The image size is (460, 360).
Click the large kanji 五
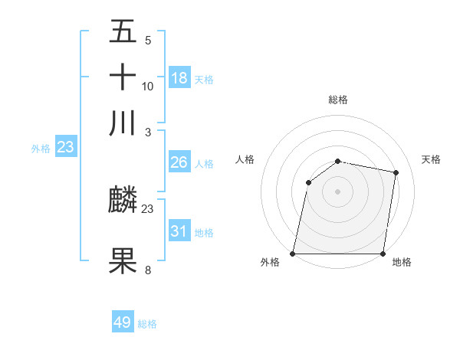tap(123, 32)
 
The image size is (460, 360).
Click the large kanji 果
tap(123, 261)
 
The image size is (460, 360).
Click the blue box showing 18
tap(179, 78)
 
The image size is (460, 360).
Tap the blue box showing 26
tap(179, 162)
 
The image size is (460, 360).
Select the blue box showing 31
tap(179, 231)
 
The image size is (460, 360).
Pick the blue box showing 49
tap(123, 322)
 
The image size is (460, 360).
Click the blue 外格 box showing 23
tap(65, 147)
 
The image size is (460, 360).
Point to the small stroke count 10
tap(148, 86)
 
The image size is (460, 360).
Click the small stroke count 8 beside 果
tap(148, 270)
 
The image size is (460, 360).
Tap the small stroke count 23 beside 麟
tap(148, 208)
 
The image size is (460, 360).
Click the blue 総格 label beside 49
tap(147, 324)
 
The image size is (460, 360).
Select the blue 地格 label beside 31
tap(204, 233)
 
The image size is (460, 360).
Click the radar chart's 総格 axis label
tap(337, 100)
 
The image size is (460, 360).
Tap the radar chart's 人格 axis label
tap(245, 159)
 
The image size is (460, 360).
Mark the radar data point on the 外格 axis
tap(293, 254)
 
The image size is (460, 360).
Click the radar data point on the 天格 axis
tap(396, 173)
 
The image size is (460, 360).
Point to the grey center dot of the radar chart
tap(337, 191)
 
